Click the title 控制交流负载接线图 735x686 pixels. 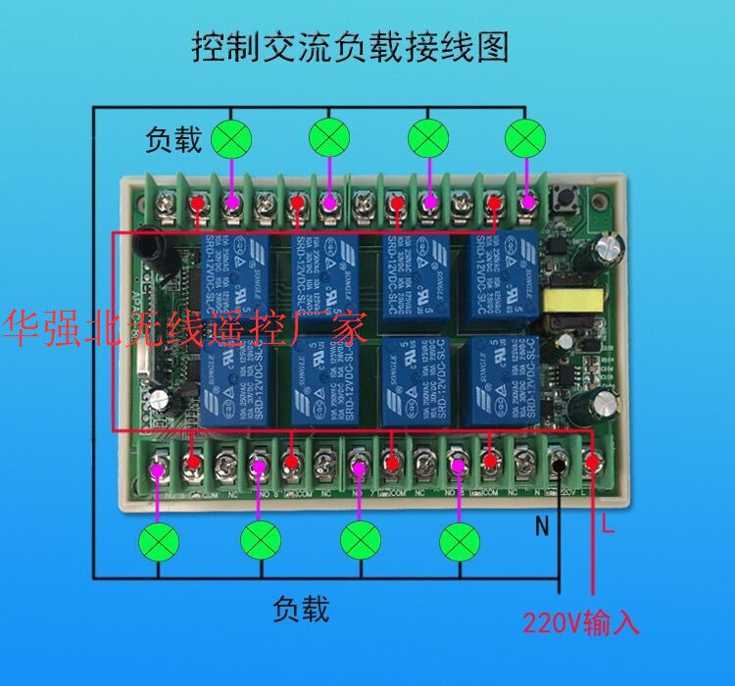click(352, 46)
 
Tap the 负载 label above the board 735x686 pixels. click(173, 140)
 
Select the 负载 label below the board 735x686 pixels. click(301, 610)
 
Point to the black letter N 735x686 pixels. click(541, 528)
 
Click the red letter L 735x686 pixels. click(608, 528)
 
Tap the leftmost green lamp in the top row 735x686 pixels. click(231, 138)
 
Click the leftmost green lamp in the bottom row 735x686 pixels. click(157, 541)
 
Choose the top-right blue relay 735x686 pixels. click(499, 267)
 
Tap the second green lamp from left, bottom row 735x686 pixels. click(260, 540)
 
